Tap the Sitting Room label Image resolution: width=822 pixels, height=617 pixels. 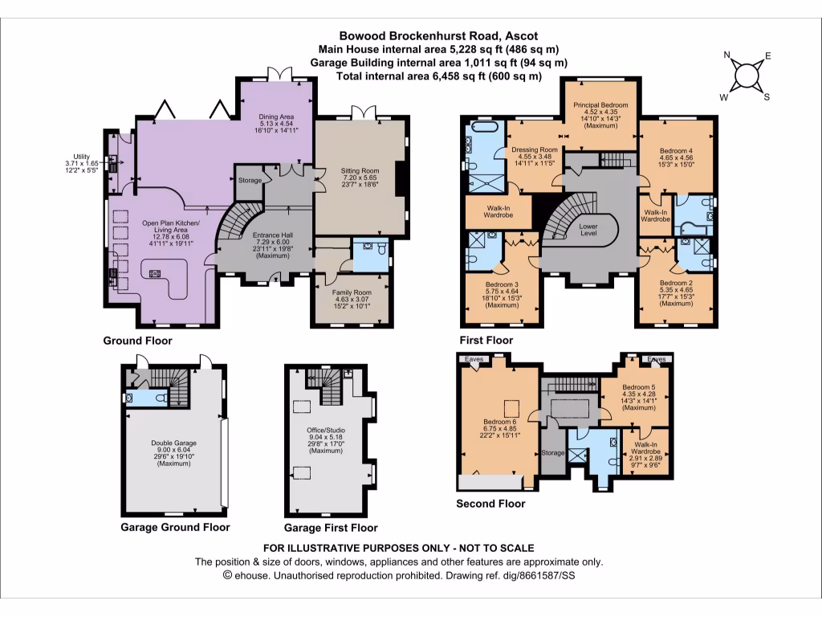[x=359, y=170]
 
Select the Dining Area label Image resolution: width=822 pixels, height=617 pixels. [x=275, y=117]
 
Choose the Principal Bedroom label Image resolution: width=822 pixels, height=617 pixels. [x=600, y=105]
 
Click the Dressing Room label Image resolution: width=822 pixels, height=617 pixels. [x=534, y=150]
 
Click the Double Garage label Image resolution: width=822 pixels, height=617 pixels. [x=173, y=443]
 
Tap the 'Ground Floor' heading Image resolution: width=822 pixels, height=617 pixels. [x=137, y=341]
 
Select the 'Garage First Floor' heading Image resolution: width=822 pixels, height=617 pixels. [x=331, y=528]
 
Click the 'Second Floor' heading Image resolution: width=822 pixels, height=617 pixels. [x=490, y=504]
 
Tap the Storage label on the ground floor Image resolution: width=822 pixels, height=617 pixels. [x=250, y=181]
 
